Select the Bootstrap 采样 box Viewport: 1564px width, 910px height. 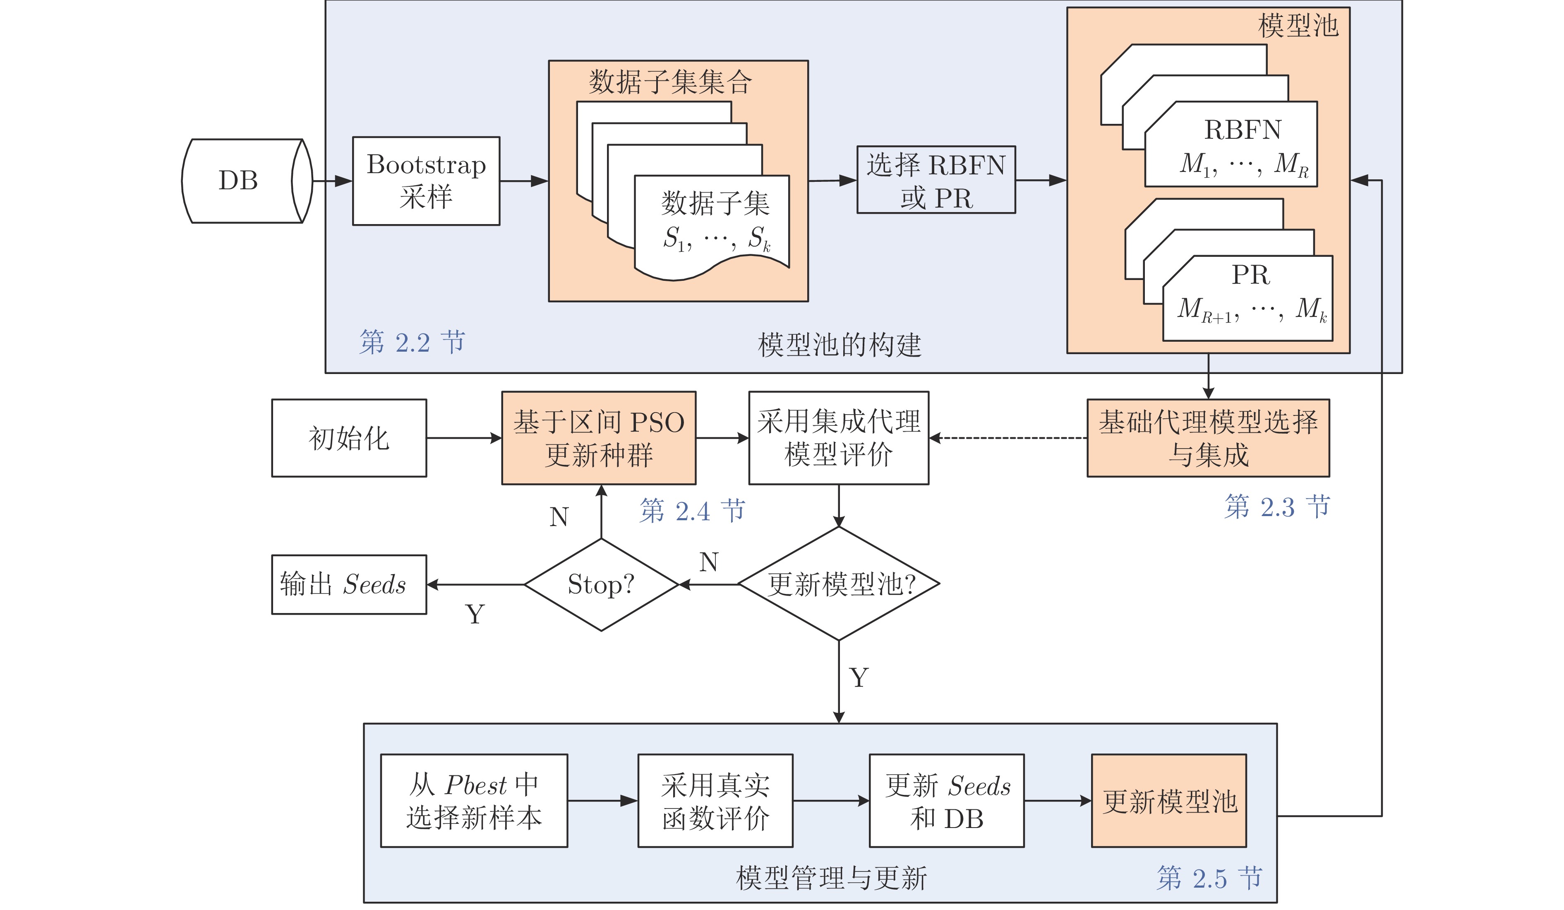426,181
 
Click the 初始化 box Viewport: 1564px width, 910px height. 349,438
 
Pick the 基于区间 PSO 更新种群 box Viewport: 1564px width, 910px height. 598,438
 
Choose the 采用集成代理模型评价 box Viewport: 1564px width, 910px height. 838,438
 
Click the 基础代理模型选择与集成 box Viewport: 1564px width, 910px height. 1207,438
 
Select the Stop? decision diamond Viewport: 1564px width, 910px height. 601,584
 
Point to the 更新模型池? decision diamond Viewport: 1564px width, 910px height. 838,584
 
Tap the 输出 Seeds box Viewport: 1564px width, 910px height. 349,584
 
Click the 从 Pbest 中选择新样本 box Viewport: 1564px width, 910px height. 473,801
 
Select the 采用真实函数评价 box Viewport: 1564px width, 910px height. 715,801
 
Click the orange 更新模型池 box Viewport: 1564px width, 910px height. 1168,801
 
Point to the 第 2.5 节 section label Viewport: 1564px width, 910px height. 1209,878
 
